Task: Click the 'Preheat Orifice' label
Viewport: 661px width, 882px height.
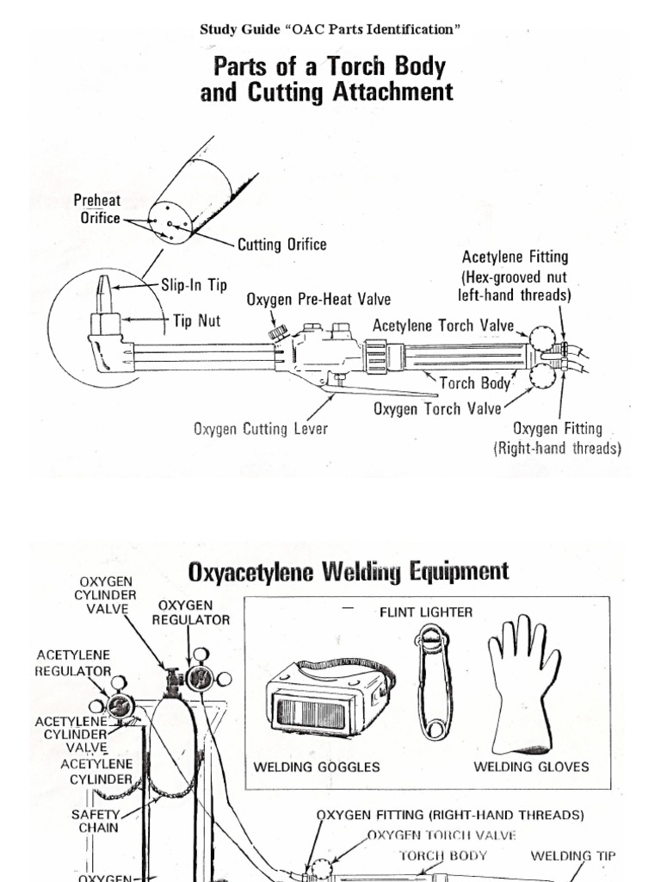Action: [x=96, y=209]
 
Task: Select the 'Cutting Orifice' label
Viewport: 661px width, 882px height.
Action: [x=283, y=245]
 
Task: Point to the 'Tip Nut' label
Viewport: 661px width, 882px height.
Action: [x=197, y=321]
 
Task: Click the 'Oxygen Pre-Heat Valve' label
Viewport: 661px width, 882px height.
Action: [x=318, y=300]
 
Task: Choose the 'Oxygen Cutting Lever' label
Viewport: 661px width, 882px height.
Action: [x=261, y=428]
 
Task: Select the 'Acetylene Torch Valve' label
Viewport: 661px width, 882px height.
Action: [x=443, y=326]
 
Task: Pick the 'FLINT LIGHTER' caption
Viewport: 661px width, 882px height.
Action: [x=426, y=612]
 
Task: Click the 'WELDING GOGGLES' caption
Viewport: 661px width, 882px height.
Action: [x=317, y=767]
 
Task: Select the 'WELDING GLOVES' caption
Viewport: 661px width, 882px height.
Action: [x=531, y=767]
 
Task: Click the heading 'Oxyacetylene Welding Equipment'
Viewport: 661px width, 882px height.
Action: [x=348, y=571]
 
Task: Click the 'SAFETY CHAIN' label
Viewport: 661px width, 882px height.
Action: [x=95, y=820]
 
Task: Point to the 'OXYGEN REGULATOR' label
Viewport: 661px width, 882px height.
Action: [x=191, y=612]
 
